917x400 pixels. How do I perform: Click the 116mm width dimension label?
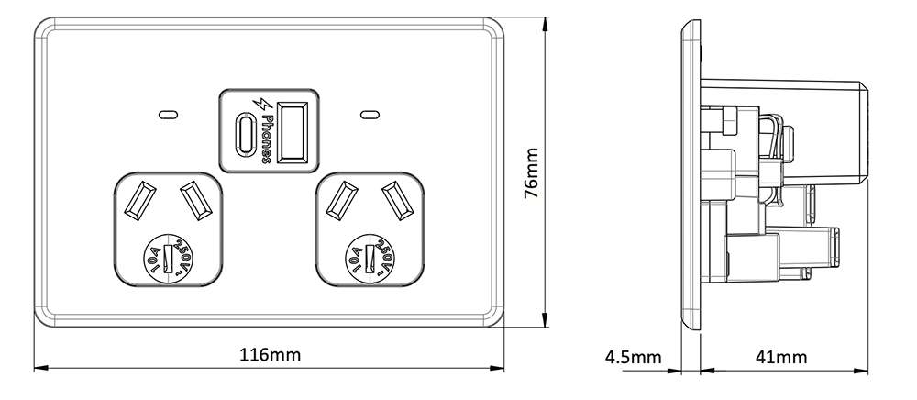pyautogui.click(x=271, y=354)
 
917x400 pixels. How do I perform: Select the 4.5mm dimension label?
pyautogui.click(x=633, y=356)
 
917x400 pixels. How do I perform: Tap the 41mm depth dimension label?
pyautogui.click(x=780, y=356)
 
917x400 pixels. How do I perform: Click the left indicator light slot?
pyautogui.click(x=168, y=116)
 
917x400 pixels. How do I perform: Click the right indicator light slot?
pyautogui.click(x=370, y=116)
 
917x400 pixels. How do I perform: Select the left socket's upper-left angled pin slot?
pyautogui.click(x=142, y=200)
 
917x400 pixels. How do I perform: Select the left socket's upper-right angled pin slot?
pyautogui.click(x=193, y=200)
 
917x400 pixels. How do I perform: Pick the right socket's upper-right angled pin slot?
pyautogui.click(x=395, y=200)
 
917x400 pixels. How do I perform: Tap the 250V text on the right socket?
pyautogui.click(x=383, y=256)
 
